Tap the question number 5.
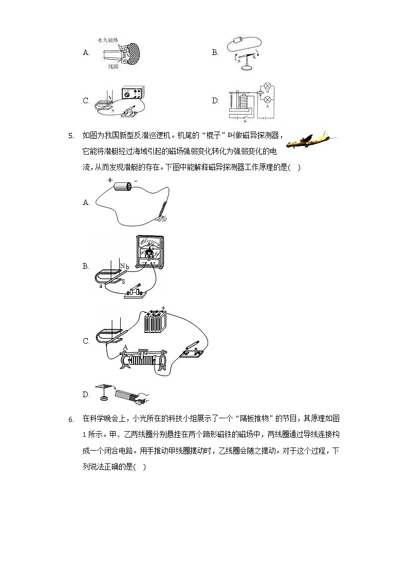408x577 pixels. (70, 136)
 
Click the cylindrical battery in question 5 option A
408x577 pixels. (123, 188)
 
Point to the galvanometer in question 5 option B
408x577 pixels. (150, 250)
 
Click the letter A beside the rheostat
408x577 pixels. (125, 347)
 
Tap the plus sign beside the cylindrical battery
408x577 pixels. (110, 180)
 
